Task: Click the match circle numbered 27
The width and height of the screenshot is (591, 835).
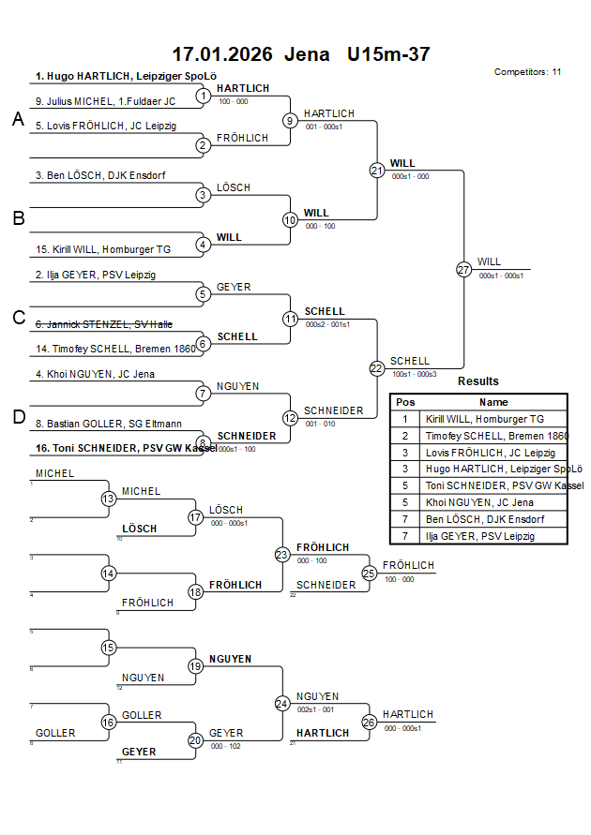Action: coord(463,269)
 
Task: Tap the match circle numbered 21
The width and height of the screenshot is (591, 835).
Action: coord(377,171)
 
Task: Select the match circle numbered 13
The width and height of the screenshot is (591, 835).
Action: coord(109,499)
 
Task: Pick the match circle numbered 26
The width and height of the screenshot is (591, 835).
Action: coord(370,722)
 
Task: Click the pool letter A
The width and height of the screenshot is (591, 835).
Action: coord(18,119)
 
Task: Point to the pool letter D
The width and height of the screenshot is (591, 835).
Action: coord(18,417)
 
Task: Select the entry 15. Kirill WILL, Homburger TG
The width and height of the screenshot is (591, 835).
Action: coord(103,250)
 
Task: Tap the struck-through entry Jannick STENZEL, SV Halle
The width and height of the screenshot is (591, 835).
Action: coord(103,324)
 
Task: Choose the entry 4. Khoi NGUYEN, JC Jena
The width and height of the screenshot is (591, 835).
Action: coord(96,374)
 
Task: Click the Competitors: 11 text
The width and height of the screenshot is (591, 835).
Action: coord(527,71)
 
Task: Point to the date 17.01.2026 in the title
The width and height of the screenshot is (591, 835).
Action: coord(222,54)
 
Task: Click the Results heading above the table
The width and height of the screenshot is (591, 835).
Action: coord(478,381)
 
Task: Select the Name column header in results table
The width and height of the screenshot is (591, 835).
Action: coord(493,402)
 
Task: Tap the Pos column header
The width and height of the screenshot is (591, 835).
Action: coord(405,402)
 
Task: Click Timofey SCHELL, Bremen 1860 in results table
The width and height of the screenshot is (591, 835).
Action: coord(496,436)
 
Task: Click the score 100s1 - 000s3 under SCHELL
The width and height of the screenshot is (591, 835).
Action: coord(414,374)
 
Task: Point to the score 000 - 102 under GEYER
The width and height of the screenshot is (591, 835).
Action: coord(225,746)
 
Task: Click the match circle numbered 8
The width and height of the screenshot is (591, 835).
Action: coord(203,443)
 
